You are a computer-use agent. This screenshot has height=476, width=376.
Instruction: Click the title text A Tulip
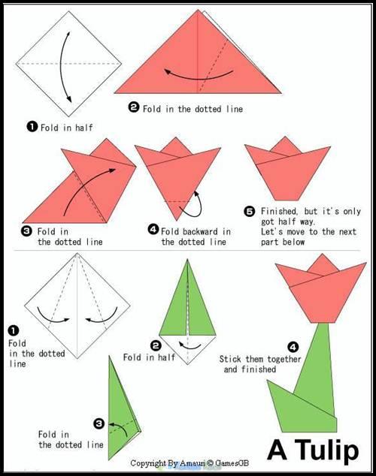[x=313, y=450]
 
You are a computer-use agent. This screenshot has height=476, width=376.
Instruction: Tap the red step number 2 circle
[x=134, y=107]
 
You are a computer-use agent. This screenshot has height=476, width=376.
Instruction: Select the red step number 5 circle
[x=250, y=211]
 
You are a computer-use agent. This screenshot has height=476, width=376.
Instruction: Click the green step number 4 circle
[x=293, y=346]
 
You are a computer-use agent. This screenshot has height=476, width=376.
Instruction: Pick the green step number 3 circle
[x=99, y=423]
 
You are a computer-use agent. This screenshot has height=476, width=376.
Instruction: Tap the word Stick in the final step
[x=231, y=359]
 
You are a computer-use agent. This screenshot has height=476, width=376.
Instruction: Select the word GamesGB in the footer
[x=232, y=463]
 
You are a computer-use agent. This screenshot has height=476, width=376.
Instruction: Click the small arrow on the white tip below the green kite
[x=190, y=346]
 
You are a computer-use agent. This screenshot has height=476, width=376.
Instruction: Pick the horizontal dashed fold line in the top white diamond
[x=68, y=64]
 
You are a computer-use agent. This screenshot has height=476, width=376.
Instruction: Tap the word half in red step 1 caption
[x=84, y=128]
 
